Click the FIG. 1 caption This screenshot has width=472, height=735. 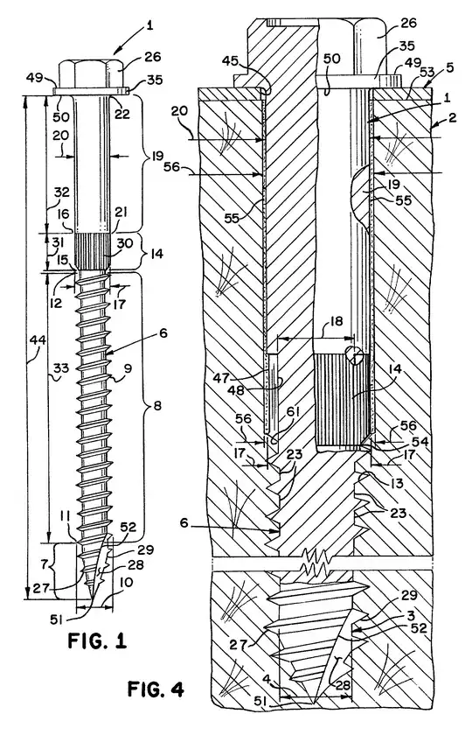tap(97, 640)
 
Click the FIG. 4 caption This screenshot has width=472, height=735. tap(156, 689)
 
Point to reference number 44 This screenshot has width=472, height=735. tap(37, 340)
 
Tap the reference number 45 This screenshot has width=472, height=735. tap(243, 61)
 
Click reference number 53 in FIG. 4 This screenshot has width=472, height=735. tap(427, 72)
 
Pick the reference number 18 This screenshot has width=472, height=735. tap(336, 322)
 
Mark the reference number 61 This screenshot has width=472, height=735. tap(294, 425)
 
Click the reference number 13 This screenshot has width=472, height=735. tap(396, 483)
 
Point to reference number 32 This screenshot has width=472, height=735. tap(61, 192)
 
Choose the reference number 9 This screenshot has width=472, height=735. tap(128, 369)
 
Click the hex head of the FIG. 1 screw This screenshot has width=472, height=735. tap(94, 73)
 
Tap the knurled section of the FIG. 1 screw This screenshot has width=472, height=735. tap(93, 252)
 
